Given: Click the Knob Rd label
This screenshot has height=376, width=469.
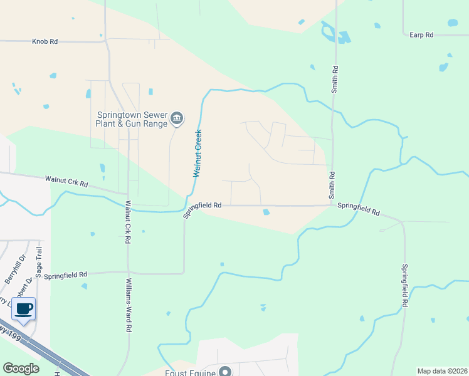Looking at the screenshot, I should [x=45, y=41].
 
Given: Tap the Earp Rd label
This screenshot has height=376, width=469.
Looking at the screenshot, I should [x=421, y=35].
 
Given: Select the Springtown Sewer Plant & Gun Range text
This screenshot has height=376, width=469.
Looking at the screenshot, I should [x=132, y=119].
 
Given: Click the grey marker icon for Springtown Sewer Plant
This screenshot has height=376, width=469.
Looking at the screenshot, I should [x=177, y=118].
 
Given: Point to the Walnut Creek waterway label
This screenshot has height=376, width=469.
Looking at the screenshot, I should [x=198, y=153].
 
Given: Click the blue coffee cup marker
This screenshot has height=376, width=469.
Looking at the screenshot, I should [x=23, y=309].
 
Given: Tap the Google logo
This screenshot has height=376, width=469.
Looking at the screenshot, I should [x=21, y=368].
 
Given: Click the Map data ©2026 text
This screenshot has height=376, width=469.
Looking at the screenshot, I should [x=442, y=371].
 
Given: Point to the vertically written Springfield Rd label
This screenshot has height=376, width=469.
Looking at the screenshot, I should [x=404, y=285].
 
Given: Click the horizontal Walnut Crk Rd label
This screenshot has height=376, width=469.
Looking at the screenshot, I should [x=66, y=182].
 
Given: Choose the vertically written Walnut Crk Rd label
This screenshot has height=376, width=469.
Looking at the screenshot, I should [x=127, y=222].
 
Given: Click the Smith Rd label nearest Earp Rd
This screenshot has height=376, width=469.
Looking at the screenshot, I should [x=335, y=80].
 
